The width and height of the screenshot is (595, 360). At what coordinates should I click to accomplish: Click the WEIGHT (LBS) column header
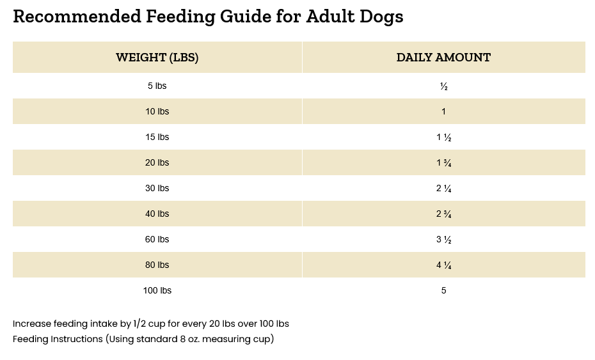[x=157, y=58]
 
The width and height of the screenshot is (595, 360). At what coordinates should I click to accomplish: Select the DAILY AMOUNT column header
[x=443, y=58]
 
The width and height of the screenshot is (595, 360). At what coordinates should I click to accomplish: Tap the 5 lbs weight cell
[x=157, y=86]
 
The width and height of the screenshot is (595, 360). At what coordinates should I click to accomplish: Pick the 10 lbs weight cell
[x=157, y=111]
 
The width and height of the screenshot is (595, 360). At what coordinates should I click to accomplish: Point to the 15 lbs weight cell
[x=157, y=137]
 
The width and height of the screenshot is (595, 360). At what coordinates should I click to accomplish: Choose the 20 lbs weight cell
[x=157, y=162]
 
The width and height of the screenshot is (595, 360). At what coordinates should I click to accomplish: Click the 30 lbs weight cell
[x=157, y=188]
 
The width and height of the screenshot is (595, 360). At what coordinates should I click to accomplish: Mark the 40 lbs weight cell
[x=157, y=214]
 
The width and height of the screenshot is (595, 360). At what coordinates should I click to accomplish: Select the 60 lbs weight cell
[x=157, y=239]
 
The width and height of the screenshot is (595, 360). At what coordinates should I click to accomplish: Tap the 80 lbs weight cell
[x=157, y=265]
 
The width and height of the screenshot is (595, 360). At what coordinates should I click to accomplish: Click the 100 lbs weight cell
[x=157, y=290]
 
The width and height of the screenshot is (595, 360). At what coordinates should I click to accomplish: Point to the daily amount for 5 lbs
[x=443, y=86]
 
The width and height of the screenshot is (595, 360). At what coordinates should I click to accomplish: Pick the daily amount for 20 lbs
[x=443, y=163]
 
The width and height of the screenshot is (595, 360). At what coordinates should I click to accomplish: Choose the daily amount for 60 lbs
[x=443, y=240]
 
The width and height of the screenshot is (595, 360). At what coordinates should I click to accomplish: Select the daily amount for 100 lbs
[x=443, y=290]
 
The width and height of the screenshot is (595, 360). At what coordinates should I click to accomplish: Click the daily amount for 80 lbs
[x=443, y=265]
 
